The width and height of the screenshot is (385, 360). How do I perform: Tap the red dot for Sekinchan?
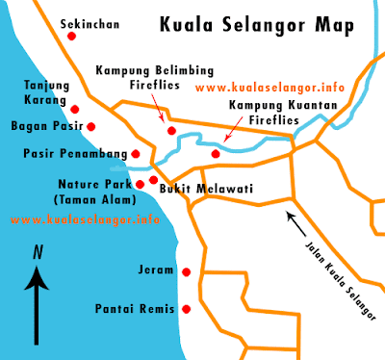(x=71, y=37)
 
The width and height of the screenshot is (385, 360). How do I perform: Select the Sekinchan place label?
(x=90, y=20)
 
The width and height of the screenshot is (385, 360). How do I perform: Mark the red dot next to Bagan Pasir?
(x=91, y=126)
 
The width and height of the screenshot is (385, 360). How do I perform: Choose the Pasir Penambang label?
(x=73, y=153)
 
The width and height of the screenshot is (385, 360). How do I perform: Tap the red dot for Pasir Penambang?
(x=136, y=153)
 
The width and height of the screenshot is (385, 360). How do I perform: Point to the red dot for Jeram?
(x=186, y=272)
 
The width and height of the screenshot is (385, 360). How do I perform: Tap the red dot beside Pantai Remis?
(x=186, y=309)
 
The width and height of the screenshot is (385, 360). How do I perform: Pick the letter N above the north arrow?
(x=37, y=253)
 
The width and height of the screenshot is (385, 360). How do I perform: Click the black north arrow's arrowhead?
(x=37, y=278)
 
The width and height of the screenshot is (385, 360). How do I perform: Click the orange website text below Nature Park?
(x=85, y=219)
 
